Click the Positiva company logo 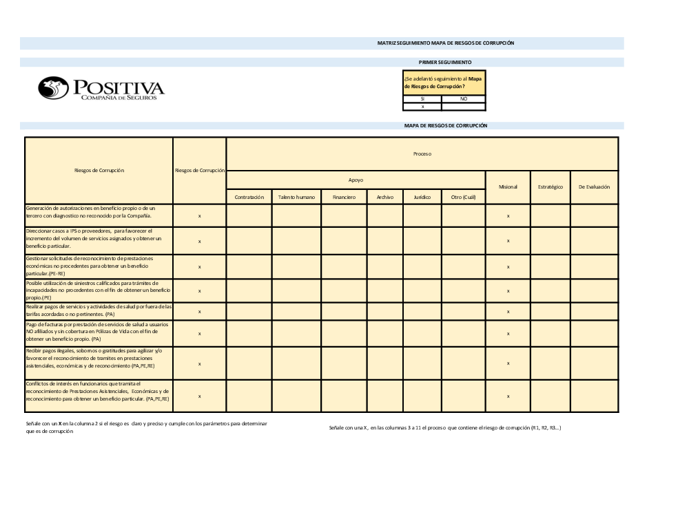pos(101,88)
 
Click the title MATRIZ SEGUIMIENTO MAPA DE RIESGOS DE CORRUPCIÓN pos(446,43)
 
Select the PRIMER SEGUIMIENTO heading pos(445,62)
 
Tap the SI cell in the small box pos(422,99)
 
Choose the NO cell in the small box pos(463,99)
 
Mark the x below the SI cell pos(422,107)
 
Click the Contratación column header pos(249,197)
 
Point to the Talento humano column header pos(296,197)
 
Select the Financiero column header pos(344,197)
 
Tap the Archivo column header pos(385,197)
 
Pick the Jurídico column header pos(422,197)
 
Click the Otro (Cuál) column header pos(464,197)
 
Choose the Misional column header pos(508,187)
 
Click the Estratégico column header pos(551,187)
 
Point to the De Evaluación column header pos(594,187)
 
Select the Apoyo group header pos(356,180)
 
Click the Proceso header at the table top pos(422,153)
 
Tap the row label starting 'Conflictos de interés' pos(97,391)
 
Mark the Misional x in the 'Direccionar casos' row pos(508,241)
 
